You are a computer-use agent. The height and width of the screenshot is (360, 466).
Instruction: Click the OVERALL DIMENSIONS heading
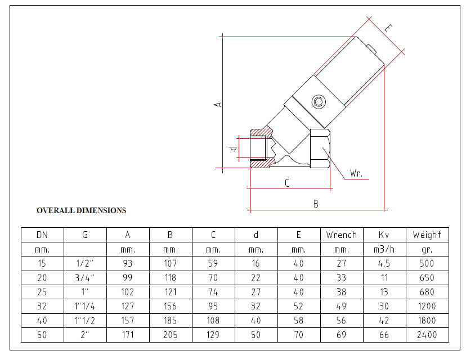pyautogui.click(x=82, y=210)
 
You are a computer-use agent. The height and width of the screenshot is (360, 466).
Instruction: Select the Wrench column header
pyautogui.click(x=342, y=235)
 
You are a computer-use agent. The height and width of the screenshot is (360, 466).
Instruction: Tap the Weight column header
pyautogui.click(x=427, y=235)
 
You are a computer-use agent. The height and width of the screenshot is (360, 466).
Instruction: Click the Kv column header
pyautogui.click(x=384, y=235)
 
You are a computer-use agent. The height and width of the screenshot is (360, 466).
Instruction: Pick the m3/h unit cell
pyautogui.click(x=384, y=249)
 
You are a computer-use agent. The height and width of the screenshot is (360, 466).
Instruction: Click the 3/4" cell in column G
pyautogui.click(x=84, y=278)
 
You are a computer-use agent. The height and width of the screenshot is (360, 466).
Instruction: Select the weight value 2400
pyautogui.click(x=427, y=335)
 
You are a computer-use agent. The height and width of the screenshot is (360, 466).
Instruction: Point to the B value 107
pyautogui.click(x=171, y=263)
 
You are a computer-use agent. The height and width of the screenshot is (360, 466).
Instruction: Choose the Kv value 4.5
pyautogui.click(x=384, y=263)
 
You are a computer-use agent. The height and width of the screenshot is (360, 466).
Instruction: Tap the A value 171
pyautogui.click(x=128, y=335)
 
